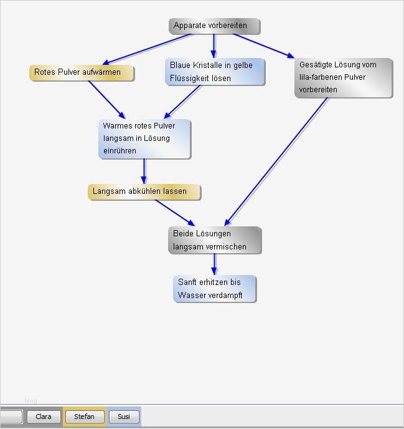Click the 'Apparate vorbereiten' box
[214, 26]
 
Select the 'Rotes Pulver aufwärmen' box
[82, 72]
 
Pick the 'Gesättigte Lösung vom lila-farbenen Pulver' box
[343, 78]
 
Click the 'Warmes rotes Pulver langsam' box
[144, 138]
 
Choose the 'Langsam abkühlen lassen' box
[144, 191]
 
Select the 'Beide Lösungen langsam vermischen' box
[215, 240]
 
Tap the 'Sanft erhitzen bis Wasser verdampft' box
[215, 289]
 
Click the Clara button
[44, 417]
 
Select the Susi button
[124, 417]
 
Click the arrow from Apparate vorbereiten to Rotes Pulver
[148, 49]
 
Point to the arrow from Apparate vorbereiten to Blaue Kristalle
[214, 46]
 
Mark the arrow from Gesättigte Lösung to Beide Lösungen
[277, 161]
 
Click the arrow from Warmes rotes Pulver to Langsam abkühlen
[144, 171]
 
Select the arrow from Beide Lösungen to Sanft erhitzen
[215, 264]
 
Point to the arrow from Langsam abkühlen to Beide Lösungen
[176, 213]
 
